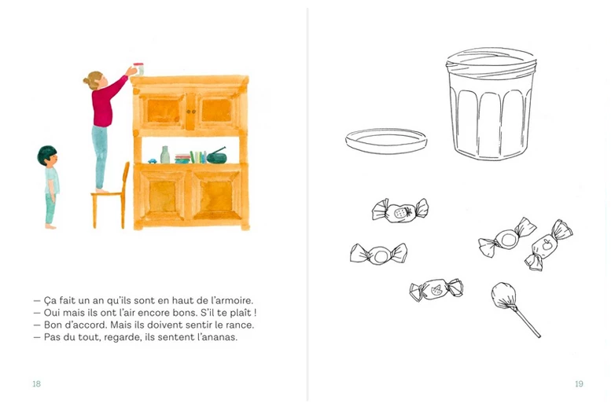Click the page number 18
[36, 383]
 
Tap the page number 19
[579, 383]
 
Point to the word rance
[241, 325]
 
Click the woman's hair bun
[87, 81]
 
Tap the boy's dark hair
[46, 153]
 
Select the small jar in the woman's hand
[139, 68]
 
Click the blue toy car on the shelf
[153, 160]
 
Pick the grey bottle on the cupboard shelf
[165, 155]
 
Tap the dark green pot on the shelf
[216, 156]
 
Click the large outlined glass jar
[491, 104]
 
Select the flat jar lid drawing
[386, 140]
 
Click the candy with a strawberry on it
[400, 211]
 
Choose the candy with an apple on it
[548, 245]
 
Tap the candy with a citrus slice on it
[436, 290]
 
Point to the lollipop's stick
[528, 322]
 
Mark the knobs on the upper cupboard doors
[190, 112]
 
